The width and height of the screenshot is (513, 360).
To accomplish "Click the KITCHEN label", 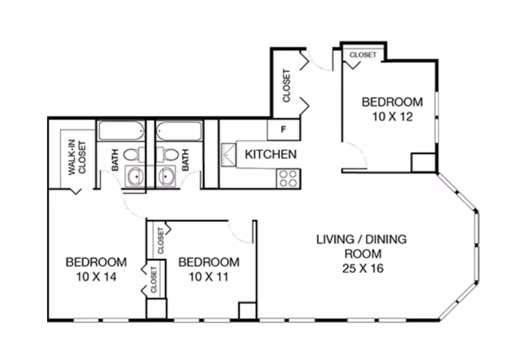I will tap(270, 154).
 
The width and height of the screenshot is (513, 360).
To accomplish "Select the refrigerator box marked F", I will tap(283, 130).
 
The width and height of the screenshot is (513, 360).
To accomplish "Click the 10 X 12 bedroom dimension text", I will tap(392, 117).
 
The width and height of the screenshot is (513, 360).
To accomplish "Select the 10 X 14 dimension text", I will tap(96, 277).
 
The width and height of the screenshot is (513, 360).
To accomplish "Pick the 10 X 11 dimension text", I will tap(209, 277).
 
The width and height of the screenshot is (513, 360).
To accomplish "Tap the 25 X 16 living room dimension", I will tap(362, 269).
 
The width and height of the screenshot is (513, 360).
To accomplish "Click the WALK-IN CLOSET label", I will tap(77, 158).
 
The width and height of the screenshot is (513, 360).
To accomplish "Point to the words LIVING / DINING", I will tap(361, 239).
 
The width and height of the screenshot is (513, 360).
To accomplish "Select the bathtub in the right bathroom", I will tap(179, 131).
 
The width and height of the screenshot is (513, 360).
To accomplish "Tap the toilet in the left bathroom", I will tap(131, 155).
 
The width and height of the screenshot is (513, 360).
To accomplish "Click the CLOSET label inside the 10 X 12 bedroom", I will tap(363, 55).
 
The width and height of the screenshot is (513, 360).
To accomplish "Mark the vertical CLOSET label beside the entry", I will tap(286, 85).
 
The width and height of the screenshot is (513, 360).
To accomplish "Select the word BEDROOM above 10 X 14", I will tap(96, 262).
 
